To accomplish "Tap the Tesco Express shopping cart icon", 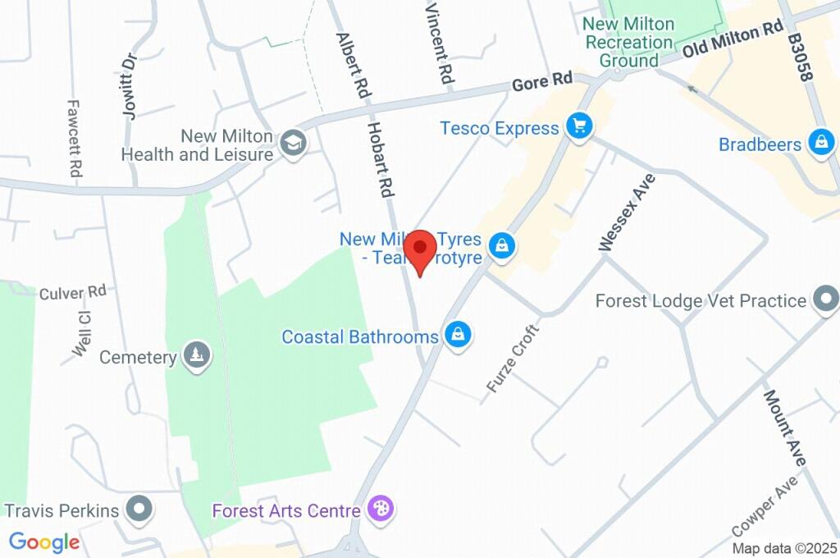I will [x=580, y=126].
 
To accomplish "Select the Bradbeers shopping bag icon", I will [x=820, y=143].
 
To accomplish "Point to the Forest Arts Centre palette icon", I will [x=381, y=508].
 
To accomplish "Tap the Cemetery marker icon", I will [x=196, y=355].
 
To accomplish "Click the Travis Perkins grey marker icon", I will [x=139, y=508].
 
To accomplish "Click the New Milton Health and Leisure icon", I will [x=290, y=143].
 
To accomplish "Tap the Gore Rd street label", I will [x=541, y=82].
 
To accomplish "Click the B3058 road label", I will [x=799, y=57].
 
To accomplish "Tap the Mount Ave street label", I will [x=785, y=427].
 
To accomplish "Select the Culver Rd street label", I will [x=73, y=291].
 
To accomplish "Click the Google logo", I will [x=44, y=542].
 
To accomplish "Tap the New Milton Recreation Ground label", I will [x=628, y=42].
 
